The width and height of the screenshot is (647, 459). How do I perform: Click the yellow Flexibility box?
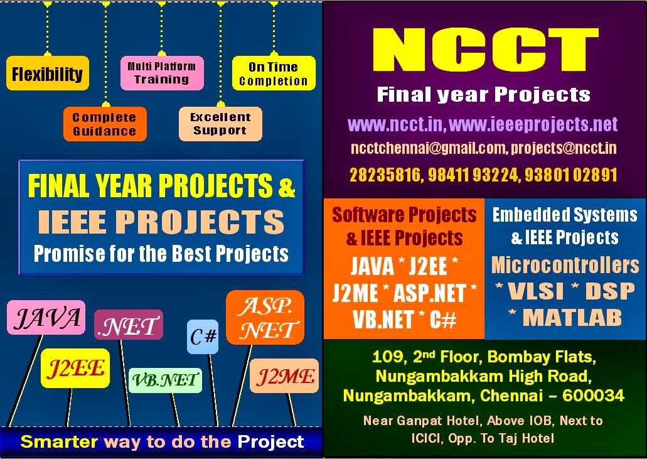coord(48,73)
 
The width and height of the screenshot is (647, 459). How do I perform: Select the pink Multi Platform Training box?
coord(162,73)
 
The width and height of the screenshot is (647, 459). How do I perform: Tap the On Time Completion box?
coord(274,73)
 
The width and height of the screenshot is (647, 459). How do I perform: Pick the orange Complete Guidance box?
coord(104,124)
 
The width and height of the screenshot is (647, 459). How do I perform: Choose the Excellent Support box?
coord(220,124)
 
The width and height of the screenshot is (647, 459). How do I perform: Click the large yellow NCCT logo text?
coord(484,50)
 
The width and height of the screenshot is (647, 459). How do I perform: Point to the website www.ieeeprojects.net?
coord(534,124)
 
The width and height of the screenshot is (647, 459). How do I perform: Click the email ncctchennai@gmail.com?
coord(428,148)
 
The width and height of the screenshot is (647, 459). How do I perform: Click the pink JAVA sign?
coord(46,318)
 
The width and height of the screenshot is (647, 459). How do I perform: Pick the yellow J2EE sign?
coord(75,368)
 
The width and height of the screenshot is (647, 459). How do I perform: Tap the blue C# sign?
coord(203,337)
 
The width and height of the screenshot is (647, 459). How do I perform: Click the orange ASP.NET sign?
coord(265,317)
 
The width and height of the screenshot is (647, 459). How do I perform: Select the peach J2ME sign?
coord(285,376)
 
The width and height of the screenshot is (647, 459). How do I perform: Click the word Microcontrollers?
coord(565,265)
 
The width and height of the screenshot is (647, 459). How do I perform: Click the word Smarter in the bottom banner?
coord(60,441)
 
